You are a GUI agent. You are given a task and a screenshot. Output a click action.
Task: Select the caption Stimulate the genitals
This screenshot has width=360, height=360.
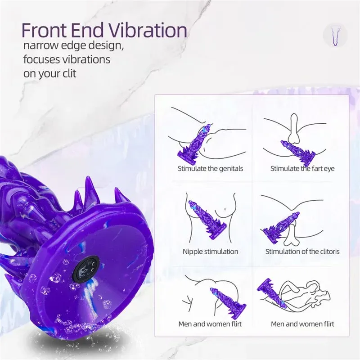pos(210,169)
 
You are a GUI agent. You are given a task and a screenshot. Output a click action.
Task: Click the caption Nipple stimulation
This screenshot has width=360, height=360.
pos(210,252)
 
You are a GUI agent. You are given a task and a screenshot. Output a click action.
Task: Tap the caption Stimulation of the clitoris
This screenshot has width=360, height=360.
pos(302,252)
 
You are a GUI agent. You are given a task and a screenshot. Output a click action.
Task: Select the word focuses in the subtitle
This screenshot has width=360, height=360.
pos(43,60)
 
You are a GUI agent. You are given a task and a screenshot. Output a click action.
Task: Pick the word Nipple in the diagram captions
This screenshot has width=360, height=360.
pos(192,252)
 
